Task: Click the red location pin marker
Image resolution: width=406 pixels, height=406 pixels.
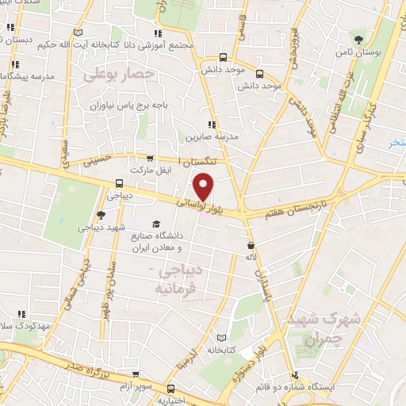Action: (x=205, y=187)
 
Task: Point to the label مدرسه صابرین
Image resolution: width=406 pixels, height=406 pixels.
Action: (x=211, y=137)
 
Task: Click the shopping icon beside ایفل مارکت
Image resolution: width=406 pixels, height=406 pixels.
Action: (x=151, y=159)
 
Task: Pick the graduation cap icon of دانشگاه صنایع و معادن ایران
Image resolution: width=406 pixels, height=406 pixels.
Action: (x=156, y=225)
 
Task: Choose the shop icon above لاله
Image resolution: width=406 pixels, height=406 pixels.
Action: (x=251, y=246)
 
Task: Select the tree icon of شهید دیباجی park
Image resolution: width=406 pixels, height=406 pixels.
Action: (x=101, y=216)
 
